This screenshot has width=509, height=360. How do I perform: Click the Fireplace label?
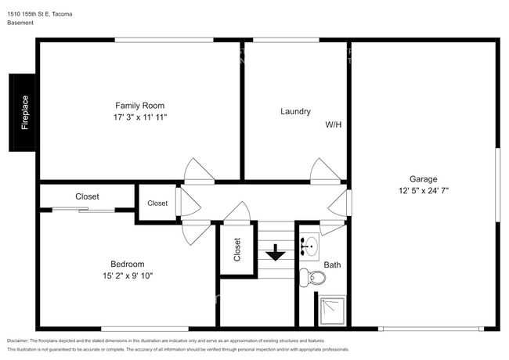tap(25, 113)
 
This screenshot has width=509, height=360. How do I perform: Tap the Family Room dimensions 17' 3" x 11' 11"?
tap(140, 117)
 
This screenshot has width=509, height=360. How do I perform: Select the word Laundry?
tap(295, 112)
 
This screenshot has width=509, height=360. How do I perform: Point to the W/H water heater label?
tap(334, 124)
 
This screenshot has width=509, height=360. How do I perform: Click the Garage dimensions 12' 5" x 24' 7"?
tap(424, 190)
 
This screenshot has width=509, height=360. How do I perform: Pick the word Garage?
tap(424, 179)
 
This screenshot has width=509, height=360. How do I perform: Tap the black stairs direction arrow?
tap(276, 253)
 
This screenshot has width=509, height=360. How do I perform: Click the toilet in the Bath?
tap(312, 278)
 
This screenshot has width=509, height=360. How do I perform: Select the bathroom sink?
tap(309, 247)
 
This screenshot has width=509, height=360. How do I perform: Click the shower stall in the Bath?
tap(332, 311)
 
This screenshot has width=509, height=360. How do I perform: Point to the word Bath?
tap(332, 265)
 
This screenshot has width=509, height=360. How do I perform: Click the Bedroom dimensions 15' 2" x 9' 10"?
tap(128, 275)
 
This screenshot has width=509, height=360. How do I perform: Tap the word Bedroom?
tap(127, 264)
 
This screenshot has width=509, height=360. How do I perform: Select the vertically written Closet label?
tap(237, 250)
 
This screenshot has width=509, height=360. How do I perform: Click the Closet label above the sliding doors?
tap(87, 196)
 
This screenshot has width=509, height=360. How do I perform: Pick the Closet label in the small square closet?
tap(157, 203)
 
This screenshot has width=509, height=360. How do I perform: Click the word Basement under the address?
tap(20, 23)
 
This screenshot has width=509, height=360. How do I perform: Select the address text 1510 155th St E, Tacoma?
tap(40, 14)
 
